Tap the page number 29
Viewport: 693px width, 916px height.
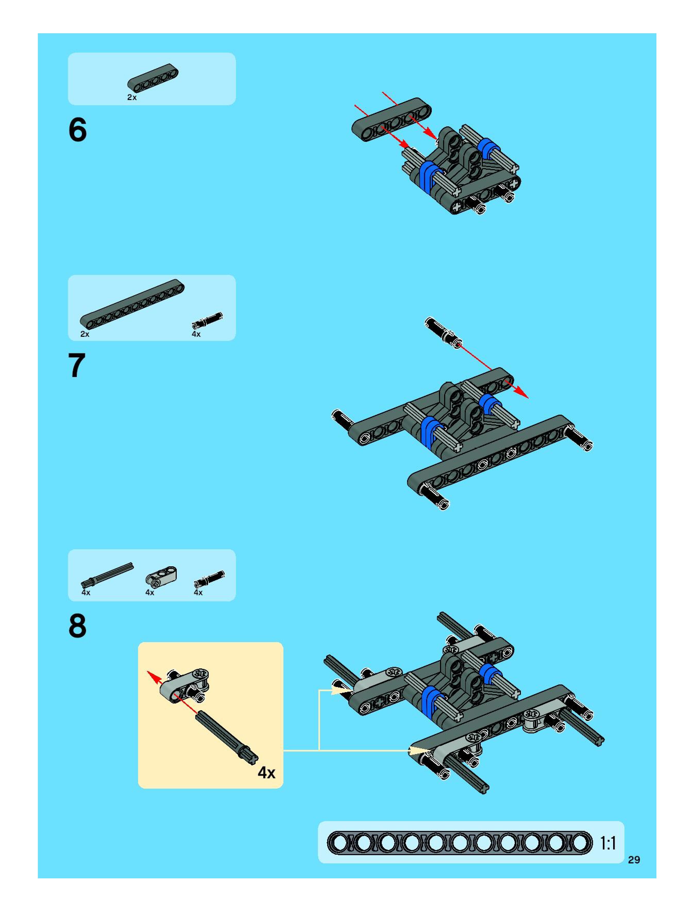634,860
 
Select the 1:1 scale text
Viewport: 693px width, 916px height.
608,843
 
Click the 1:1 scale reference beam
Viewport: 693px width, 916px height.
460,843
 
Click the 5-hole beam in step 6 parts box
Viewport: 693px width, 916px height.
153,77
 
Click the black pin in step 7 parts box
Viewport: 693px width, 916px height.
207,321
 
